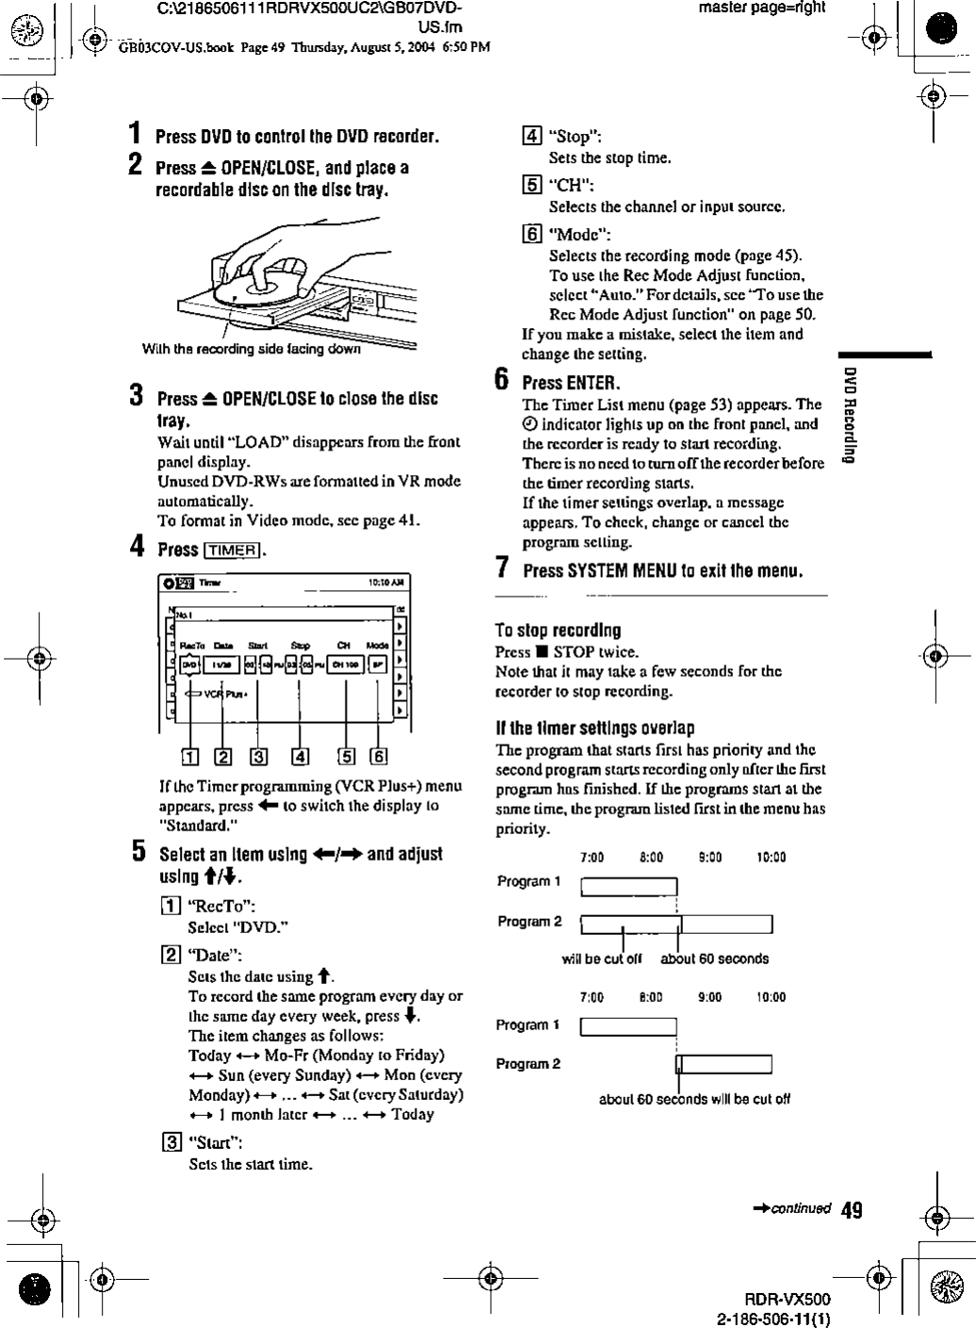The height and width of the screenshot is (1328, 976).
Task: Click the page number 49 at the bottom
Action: (851, 1209)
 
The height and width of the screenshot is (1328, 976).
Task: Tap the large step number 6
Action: (503, 382)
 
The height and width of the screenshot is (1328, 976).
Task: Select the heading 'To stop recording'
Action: (558, 631)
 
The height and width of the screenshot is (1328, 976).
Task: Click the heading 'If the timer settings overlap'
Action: (595, 728)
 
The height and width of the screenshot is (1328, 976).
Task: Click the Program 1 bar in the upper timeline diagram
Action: (628, 887)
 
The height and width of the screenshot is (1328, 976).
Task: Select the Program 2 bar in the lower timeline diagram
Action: (724, 1065)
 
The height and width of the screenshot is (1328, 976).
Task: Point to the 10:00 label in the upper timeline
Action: (771, 858)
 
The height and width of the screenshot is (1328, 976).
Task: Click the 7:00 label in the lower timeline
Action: (592, 997)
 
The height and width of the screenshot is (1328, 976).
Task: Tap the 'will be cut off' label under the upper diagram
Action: (601, 959)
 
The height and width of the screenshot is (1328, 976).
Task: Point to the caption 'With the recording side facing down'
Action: (251, 350)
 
